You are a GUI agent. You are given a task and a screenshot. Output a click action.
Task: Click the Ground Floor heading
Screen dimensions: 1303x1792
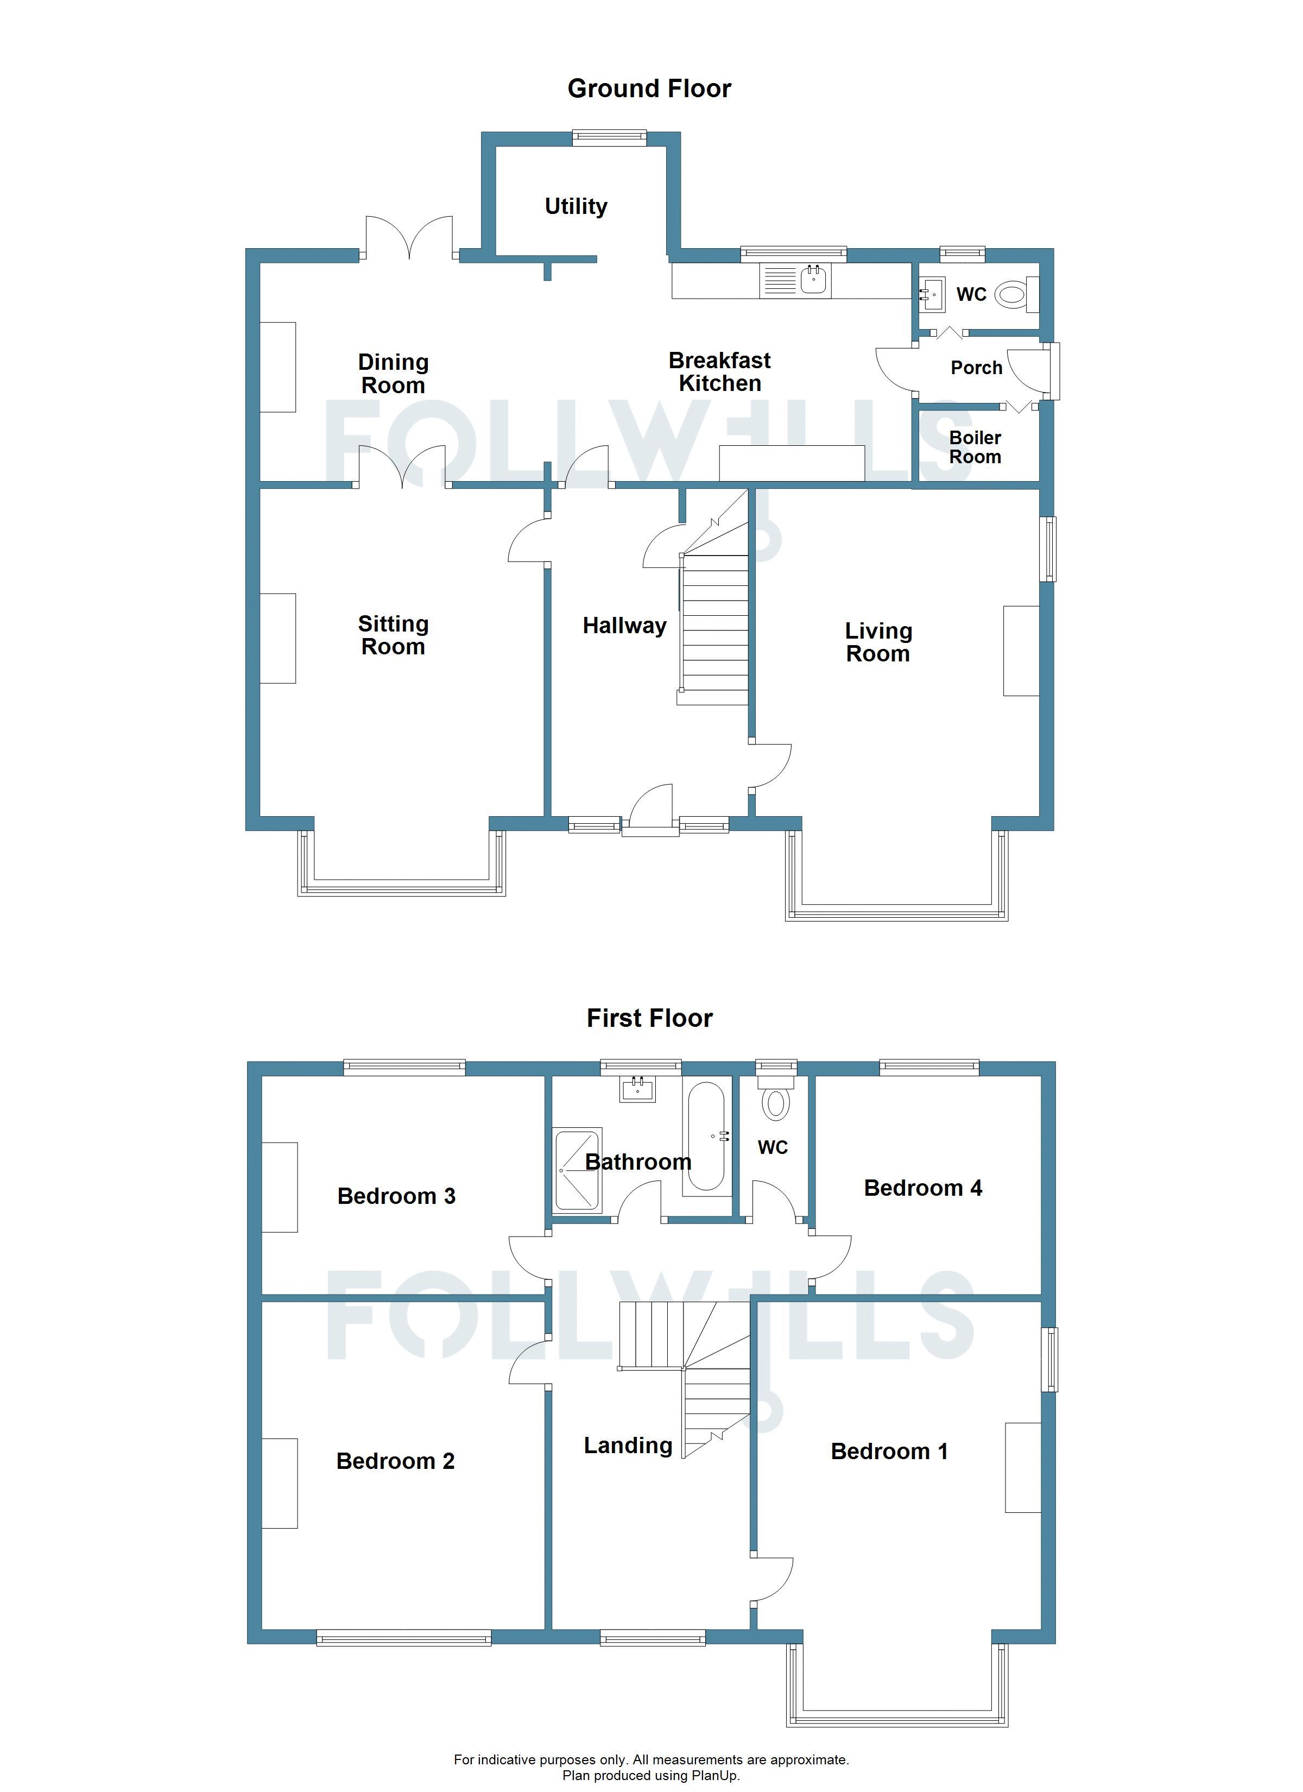coord(649,89)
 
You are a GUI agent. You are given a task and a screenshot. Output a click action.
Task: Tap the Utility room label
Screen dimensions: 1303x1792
coord(576,207)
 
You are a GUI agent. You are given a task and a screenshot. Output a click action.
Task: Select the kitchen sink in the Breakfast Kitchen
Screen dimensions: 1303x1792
coord(795,281)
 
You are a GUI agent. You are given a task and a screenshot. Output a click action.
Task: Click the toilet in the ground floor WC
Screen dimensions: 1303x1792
coord(1015,295)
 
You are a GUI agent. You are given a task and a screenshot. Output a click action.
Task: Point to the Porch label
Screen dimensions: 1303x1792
coord(977,368)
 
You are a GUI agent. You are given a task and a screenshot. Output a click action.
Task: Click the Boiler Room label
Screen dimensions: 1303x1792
coord(975,447)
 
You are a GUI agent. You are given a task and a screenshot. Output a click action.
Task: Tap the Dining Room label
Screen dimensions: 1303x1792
coord(393,374)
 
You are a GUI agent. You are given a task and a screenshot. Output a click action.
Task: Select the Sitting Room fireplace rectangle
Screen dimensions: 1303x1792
coord(278,639)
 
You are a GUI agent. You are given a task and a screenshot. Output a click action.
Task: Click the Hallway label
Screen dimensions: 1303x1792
coord(624,626)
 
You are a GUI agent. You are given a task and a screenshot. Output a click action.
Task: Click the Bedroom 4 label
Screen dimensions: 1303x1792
coord(923,1188)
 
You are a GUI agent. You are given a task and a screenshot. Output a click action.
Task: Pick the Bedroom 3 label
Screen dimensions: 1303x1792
coord(397,1195)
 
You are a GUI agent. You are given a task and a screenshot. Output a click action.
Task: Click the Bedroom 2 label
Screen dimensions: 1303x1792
coord(395,1461)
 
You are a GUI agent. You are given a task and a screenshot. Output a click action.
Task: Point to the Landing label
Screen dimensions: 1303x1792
coord(628,1446)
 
